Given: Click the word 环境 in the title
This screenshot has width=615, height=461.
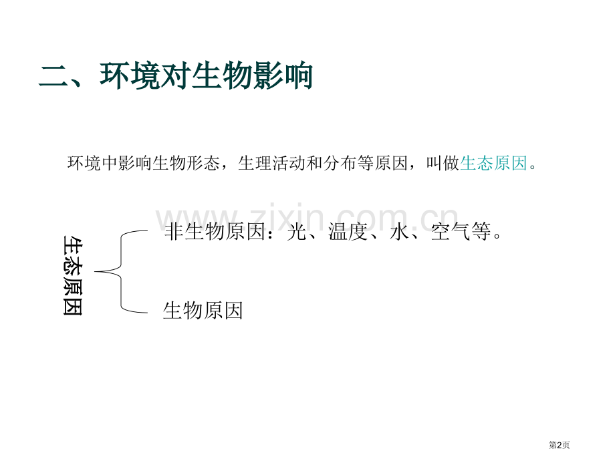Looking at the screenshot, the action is (x=130, y=75).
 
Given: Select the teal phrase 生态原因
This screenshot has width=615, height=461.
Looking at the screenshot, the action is (x=493, y=163).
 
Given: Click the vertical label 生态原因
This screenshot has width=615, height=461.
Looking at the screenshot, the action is (x=73, y=275).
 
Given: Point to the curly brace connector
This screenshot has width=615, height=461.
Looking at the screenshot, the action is (x=120, y=271).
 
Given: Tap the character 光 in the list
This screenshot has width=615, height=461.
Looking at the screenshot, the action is (x=297, y=231).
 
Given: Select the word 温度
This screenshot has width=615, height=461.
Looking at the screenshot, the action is (x=348, y=231).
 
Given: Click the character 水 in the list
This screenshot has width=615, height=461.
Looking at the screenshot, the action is (x=400, y=231).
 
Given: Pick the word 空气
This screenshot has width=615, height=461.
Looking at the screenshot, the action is (x=451, y=231).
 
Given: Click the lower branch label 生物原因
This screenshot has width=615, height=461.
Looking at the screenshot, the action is (x=203, y=311).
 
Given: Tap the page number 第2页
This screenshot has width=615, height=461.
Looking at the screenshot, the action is (x=559, y=445).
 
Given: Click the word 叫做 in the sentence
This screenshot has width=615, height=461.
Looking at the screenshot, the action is (x=443, y=163).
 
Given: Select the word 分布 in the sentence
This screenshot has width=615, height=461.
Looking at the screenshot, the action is (x=340, y=163).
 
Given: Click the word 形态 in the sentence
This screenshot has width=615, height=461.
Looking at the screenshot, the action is (x=203, y=163).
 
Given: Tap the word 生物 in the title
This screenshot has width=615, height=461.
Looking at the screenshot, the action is (x=222, y=75).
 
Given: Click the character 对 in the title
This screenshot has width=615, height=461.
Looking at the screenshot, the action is (x=176, y=75).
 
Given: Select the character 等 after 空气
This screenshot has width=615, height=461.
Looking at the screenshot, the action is (x=481, y=231).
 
